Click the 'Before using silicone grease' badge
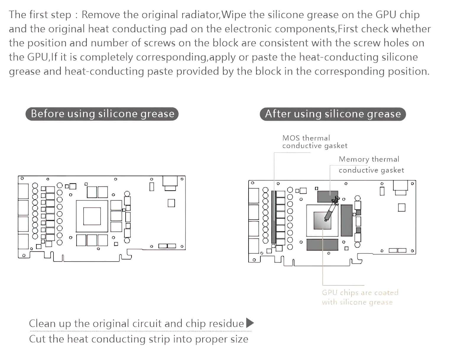click(x=102, y=114)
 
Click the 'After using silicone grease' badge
click(x=332, y=114)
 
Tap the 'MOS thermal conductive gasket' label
click(x=314, y=142)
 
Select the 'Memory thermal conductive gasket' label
click(x=371, y=165)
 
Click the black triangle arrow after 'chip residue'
click(x=250, y=323)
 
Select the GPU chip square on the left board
click(x=92, y=216)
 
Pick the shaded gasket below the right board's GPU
click(x=322, y=245)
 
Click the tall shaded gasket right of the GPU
click(x=347, y=220)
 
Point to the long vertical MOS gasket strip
click(x=274, y=217)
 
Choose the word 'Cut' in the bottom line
click(x=37, y=339)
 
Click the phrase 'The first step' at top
click(x=40, y=14)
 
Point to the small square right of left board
click(x=171, y=203)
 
